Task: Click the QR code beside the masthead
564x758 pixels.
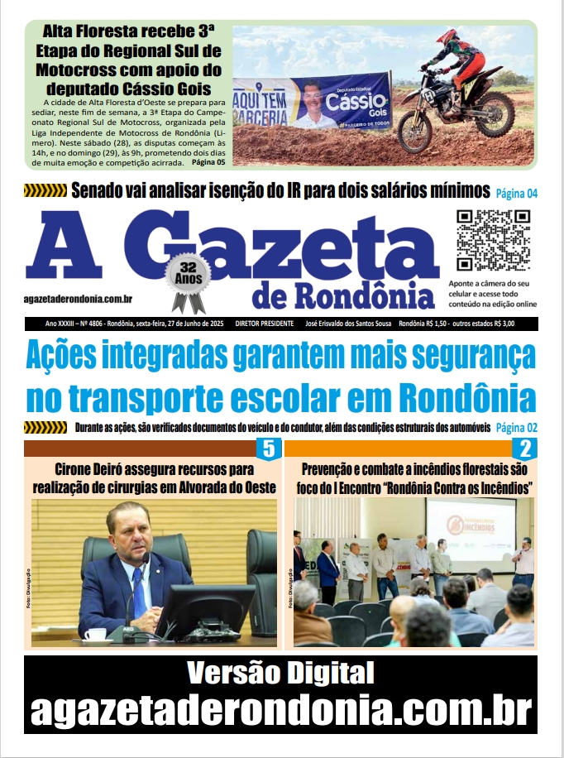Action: point(494,241)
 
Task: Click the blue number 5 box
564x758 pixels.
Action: point(268,449)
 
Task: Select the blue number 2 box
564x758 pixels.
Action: point(524,449)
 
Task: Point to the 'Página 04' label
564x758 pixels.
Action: point(516,194)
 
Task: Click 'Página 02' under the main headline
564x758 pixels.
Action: point(516,427)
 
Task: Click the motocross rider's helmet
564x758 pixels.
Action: point(447,38)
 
